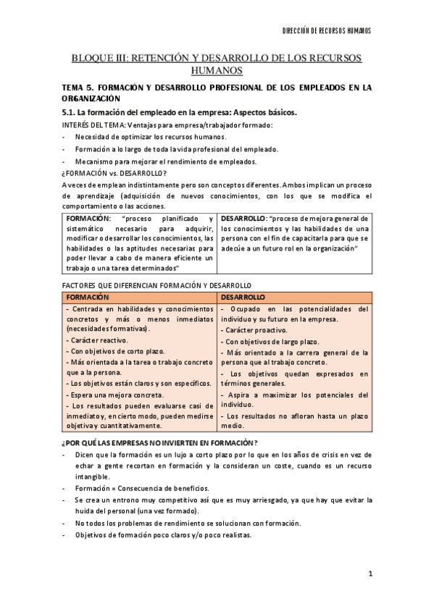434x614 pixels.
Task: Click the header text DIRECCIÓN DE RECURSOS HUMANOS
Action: click(326, 31)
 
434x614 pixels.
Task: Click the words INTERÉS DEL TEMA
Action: click(93, 125)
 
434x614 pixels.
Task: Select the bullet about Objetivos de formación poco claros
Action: click(163, 535)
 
